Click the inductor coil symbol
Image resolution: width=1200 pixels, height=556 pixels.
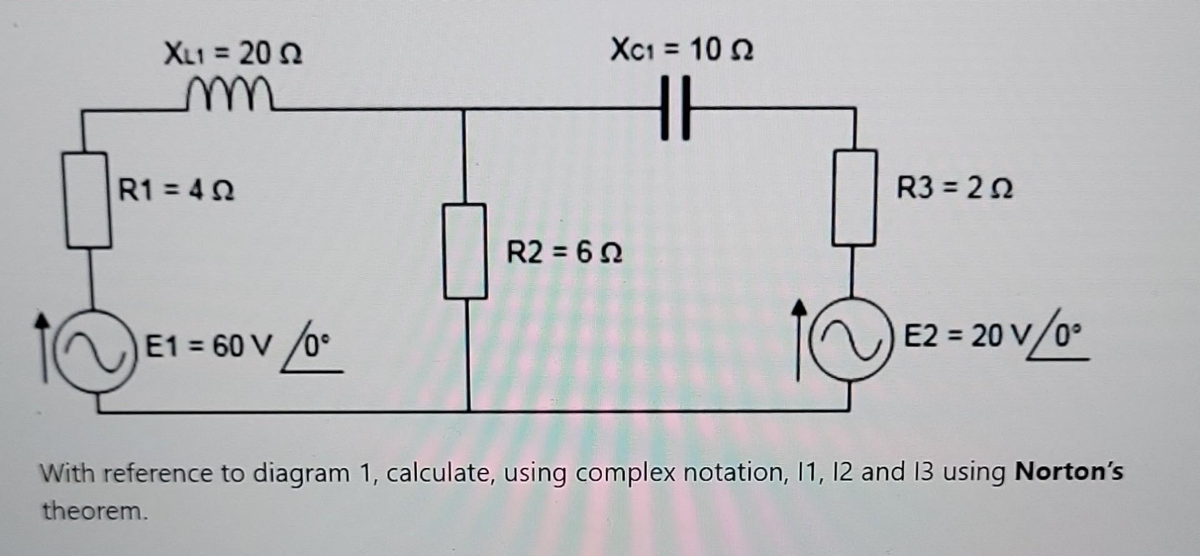(x=229, y=96)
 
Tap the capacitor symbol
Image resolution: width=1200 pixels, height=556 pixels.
(x=676, y=107)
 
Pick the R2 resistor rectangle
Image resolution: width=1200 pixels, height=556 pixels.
(x=465, y=251)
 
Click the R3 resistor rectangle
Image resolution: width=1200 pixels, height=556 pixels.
(x=854, y=197)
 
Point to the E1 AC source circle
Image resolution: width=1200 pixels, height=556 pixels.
(x=95, y=351)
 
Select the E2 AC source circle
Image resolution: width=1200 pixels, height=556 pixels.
(x=851, y=340)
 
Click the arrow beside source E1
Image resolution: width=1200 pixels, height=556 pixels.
(x=42, y=347)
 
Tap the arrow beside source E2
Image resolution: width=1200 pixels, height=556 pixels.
(x=798, y=339)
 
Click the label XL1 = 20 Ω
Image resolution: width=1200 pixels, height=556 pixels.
(x=233, y=54)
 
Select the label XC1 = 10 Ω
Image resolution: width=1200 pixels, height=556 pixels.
(x=682, y=49)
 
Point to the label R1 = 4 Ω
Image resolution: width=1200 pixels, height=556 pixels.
(x=177, y=189)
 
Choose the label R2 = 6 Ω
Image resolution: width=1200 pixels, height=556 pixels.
(x=564, y=253)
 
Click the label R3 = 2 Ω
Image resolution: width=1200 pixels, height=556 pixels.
(x=954, y=187)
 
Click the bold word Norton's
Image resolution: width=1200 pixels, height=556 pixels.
(x=1069, y=472)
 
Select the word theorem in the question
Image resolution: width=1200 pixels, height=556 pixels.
(x=95, y=511)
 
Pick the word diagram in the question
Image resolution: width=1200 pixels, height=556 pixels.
(x=301, y=474)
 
